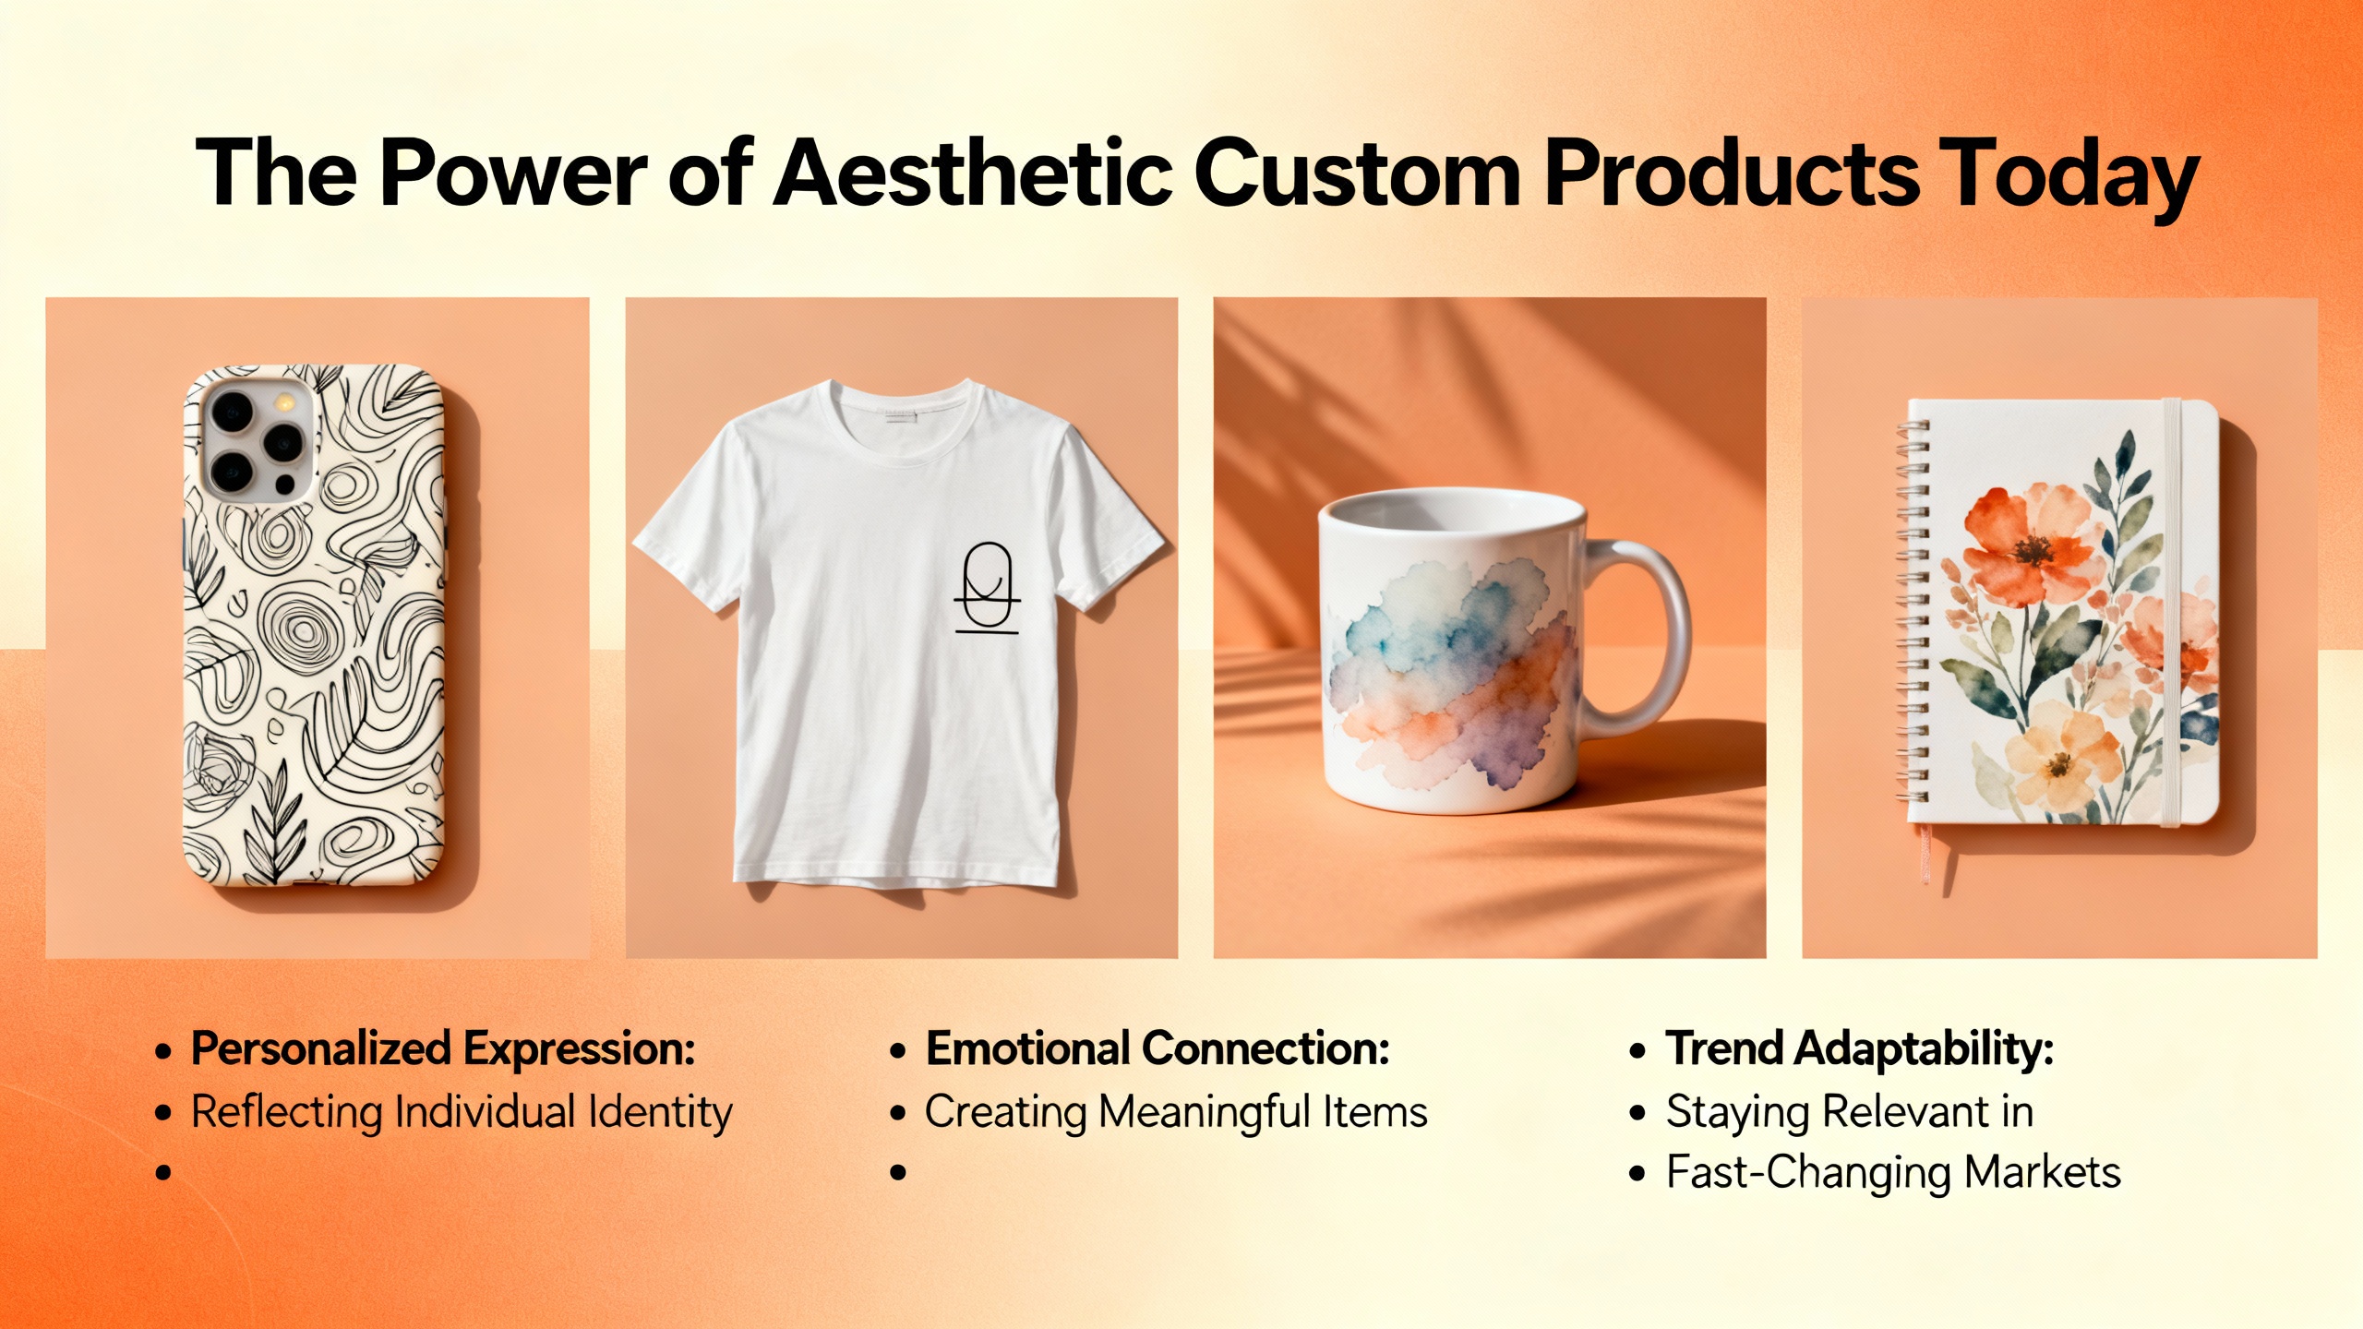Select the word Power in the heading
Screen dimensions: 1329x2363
pyautogui.click(x=513, y=174)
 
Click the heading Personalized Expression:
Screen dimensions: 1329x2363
pyautogui.click(x=443, y=1049)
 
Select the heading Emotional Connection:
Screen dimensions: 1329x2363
pyautogui.click(x=1158, y=1049)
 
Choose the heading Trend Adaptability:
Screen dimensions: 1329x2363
pyautogui.click(x=1859, y=1049)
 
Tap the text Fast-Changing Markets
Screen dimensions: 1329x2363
pyautogui.click(x=1892, y=1173)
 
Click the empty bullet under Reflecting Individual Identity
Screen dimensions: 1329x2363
pyautogui.click(x=164, y=1173)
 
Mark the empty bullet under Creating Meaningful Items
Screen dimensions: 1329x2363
pyautogui.click(x=898, y=1173)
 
